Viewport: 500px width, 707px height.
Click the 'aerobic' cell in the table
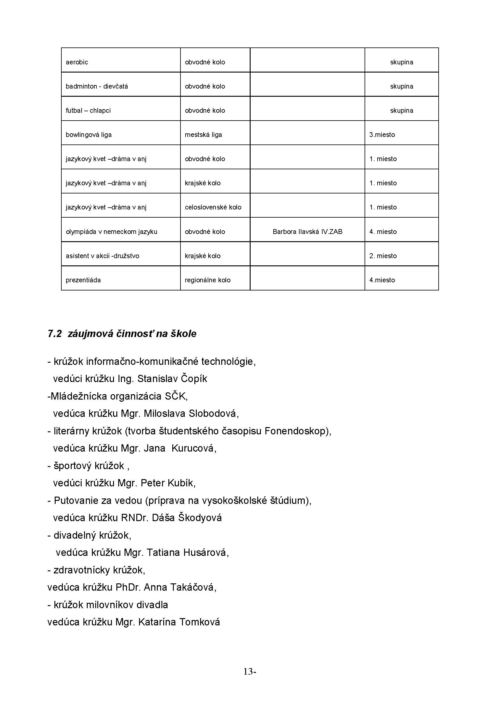click(77, 62)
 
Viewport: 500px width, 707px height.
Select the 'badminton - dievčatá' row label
click(97, 86)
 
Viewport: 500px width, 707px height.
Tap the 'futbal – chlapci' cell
click(88, 111)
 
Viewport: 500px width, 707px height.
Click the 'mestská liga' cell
click(203, 135)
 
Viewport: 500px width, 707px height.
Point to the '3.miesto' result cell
click(382, 135)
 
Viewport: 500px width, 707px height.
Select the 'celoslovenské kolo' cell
click(213, 207)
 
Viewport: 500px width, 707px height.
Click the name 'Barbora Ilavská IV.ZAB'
click(307, 232)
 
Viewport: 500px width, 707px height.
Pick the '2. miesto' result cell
click(383, 256)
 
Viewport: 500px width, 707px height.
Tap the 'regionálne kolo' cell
click(207, 280)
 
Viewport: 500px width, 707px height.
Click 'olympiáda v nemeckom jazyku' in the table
click(112, 232)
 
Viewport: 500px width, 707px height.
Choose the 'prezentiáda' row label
click(83, 280)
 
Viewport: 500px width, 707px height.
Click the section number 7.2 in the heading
click(55, 334)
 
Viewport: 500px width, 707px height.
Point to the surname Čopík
click(194, 378)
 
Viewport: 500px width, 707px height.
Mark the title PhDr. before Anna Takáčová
click(128, 587)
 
